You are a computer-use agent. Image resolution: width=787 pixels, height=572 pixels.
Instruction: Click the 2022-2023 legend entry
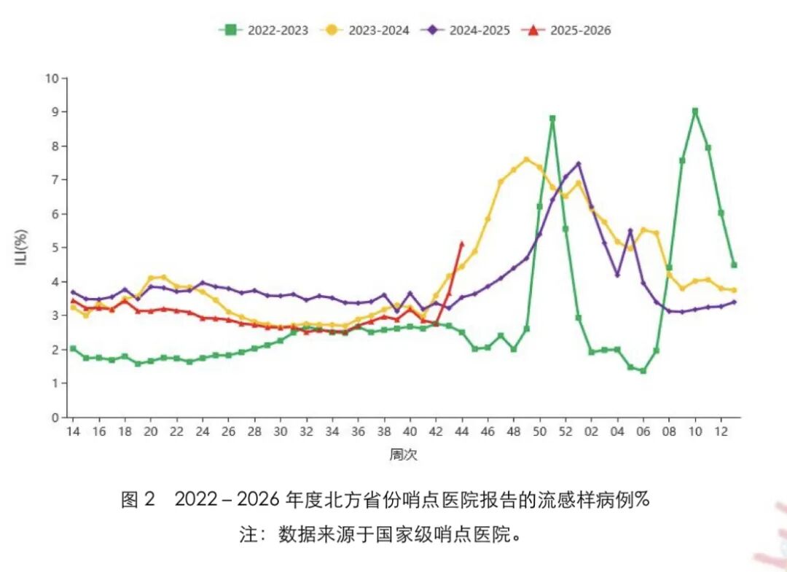pyautogui.click(x=264, y=30)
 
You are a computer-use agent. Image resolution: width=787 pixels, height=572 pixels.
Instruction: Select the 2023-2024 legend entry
pyautogui.click(x=365, y=30)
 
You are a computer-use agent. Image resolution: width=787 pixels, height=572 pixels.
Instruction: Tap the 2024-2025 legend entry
pyautogui.click(x=466, y=30)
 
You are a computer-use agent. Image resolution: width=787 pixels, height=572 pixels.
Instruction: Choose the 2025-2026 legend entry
pyautogui.click(x=567, y=30)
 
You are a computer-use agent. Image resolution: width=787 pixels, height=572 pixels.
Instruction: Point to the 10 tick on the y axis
pyautogui.click(x=52, y=78)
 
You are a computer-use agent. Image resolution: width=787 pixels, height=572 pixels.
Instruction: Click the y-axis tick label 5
pyautogui.click(x=55, y=248)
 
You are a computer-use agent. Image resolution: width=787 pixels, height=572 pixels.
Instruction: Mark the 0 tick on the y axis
pyautogui.click(x=55, y=418)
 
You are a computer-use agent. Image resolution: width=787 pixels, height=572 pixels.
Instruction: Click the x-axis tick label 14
pyautogui.click(x=74, y=431)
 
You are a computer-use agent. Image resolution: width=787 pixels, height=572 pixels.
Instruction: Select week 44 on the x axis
pyautogui.click(x=462, y=431)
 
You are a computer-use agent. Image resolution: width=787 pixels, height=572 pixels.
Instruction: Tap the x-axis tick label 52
pyautogui.click(x=565, y=431)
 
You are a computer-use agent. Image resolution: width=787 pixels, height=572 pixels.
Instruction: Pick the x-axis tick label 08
pyautogui.click(x=669, y=431)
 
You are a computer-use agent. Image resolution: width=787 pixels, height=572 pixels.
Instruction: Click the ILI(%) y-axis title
pyautogui.click(x=21, y=247)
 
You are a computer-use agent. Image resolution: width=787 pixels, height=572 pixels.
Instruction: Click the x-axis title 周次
pyautogui.click(x=404, y=455)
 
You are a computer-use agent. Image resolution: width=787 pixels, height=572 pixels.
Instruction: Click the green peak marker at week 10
pyautogui.click(x=695, y=111)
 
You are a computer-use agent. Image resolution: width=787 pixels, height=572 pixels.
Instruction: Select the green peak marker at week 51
pyautogui.click(x=552, y=119)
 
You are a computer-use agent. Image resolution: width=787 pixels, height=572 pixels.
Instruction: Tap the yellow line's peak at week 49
pyautogui.click(x=527, y=160)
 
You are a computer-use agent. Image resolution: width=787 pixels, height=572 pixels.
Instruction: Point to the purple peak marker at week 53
pyautogui.click(x=579, y=163)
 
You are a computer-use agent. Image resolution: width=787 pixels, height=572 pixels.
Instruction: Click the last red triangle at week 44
pyautogui.click(x=462, y=244)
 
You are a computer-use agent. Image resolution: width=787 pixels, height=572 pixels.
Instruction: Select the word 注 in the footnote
pyautogui.click(x=248, y=535)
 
